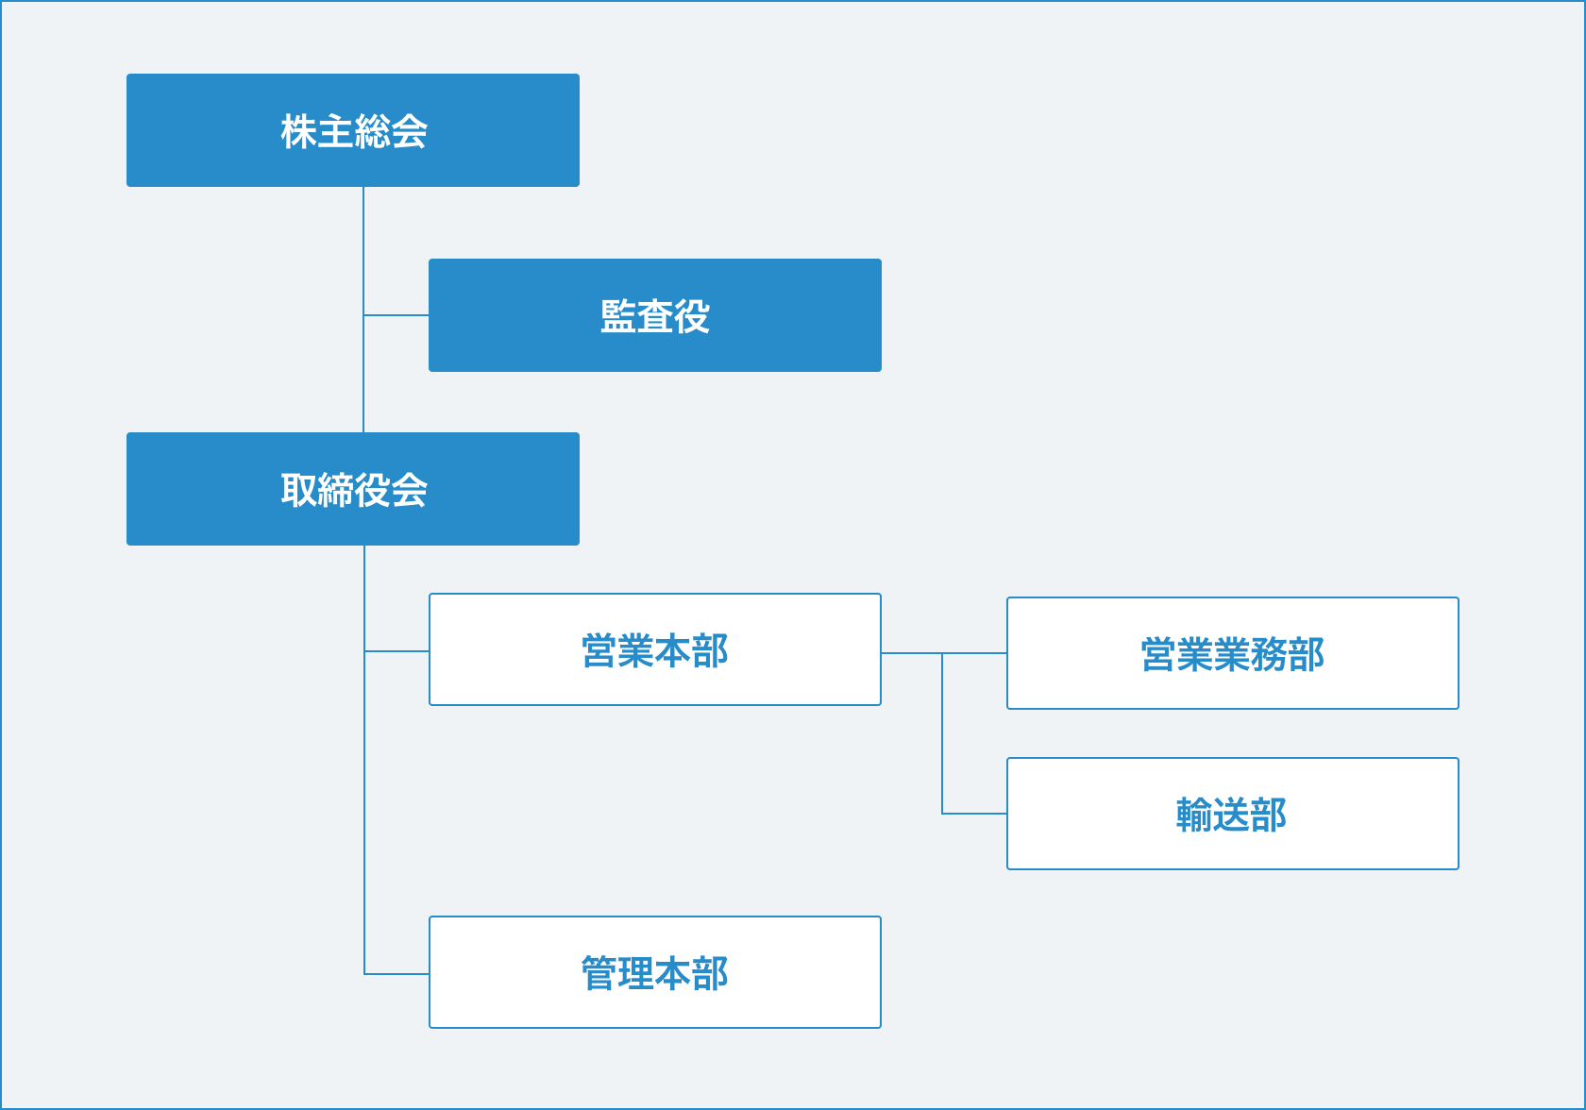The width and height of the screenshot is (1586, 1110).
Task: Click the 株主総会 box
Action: (353, 130)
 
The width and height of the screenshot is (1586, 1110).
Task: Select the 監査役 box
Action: (655, 315)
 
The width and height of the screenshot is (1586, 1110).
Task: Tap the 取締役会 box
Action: (353, 489)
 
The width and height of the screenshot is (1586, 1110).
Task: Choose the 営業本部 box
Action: (655, 649)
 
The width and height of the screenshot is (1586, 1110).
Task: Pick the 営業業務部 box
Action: (1233, 653)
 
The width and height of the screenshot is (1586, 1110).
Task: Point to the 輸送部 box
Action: (1233, 814)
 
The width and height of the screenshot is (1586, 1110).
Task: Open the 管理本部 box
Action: (655, 972)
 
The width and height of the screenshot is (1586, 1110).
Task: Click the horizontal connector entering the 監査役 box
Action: (396, 315)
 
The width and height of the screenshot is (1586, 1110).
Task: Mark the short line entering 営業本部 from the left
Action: (396, 650)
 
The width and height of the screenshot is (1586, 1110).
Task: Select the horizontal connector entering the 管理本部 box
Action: (396, 974)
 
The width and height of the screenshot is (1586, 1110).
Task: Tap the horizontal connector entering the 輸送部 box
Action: (974, 814)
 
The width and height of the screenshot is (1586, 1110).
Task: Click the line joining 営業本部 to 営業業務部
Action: (944, 653)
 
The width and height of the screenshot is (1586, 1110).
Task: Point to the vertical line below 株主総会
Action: (363, 310)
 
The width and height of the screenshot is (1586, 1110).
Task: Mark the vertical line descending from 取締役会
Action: (364, 760)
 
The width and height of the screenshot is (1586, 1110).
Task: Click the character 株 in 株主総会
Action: (298, 131)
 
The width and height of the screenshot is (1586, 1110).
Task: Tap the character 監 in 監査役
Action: (619, 315)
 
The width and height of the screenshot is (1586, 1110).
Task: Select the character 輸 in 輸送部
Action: (1195, 815)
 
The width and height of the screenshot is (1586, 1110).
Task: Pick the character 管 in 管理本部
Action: (599, 973)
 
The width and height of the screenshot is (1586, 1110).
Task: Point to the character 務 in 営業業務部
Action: (1270, 655)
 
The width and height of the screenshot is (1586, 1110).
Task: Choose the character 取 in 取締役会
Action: (298, 490)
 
